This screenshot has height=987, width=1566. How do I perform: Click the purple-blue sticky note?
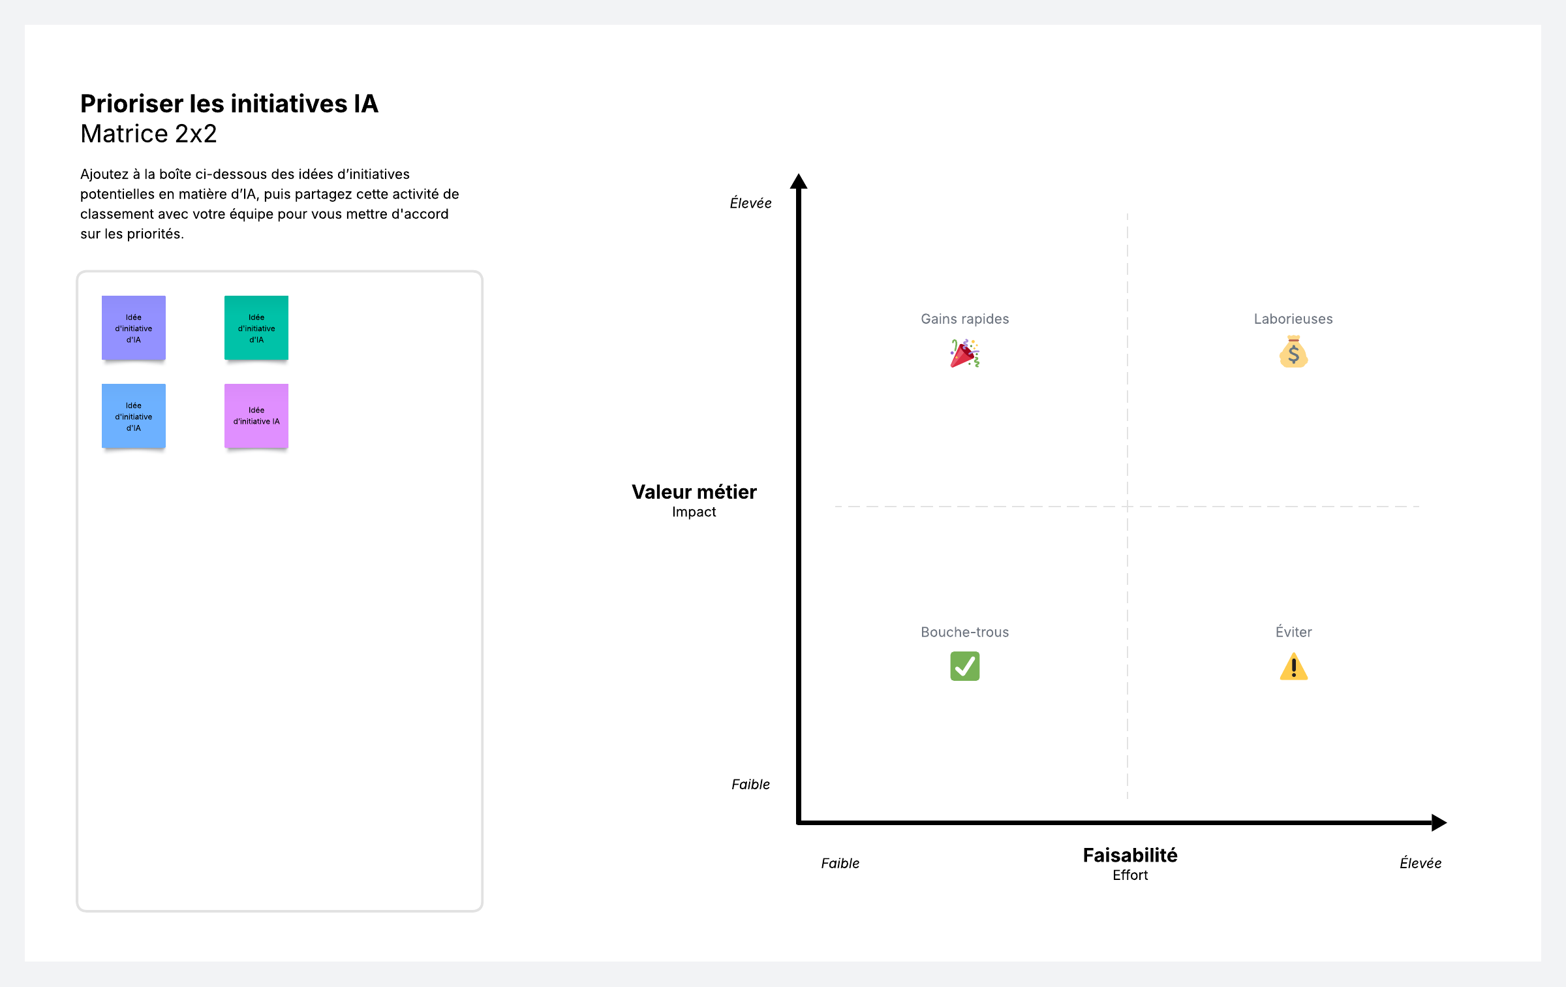(x=134, y=328)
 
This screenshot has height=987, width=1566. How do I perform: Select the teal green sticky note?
(x=256, y=328)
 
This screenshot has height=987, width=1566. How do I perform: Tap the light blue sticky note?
(x=134, y=416)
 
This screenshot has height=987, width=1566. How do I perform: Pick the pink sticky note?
(x=256, y=416)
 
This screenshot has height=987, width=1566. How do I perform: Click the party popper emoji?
(x=964, y=353)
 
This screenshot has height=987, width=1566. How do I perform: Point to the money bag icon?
(x=1293, y=352)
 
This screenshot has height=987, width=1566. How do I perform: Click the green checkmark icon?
(x=964, y=666)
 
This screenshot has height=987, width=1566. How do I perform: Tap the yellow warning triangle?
(x=1293, y=667)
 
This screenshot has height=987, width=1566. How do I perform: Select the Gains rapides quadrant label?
(x=964, y=319)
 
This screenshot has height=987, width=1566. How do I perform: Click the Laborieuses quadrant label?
(x=1293, y=319)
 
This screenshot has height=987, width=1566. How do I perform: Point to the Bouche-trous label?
(x=964, y=632)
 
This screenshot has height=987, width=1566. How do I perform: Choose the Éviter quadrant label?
(x=1293, y=632)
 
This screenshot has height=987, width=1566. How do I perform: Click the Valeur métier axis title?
(x=694, y=492)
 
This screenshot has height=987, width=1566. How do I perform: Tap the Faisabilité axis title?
(x=1130, y=855)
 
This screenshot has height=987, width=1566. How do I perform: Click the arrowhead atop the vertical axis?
(x=799, y=181)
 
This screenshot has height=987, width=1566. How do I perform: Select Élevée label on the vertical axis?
(x=750, y=203)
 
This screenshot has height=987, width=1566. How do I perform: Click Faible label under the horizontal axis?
(x=840, y=864)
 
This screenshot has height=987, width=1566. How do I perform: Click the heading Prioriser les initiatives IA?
(x=229, y=104)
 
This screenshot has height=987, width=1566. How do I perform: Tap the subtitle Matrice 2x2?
(x=149, y=134)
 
